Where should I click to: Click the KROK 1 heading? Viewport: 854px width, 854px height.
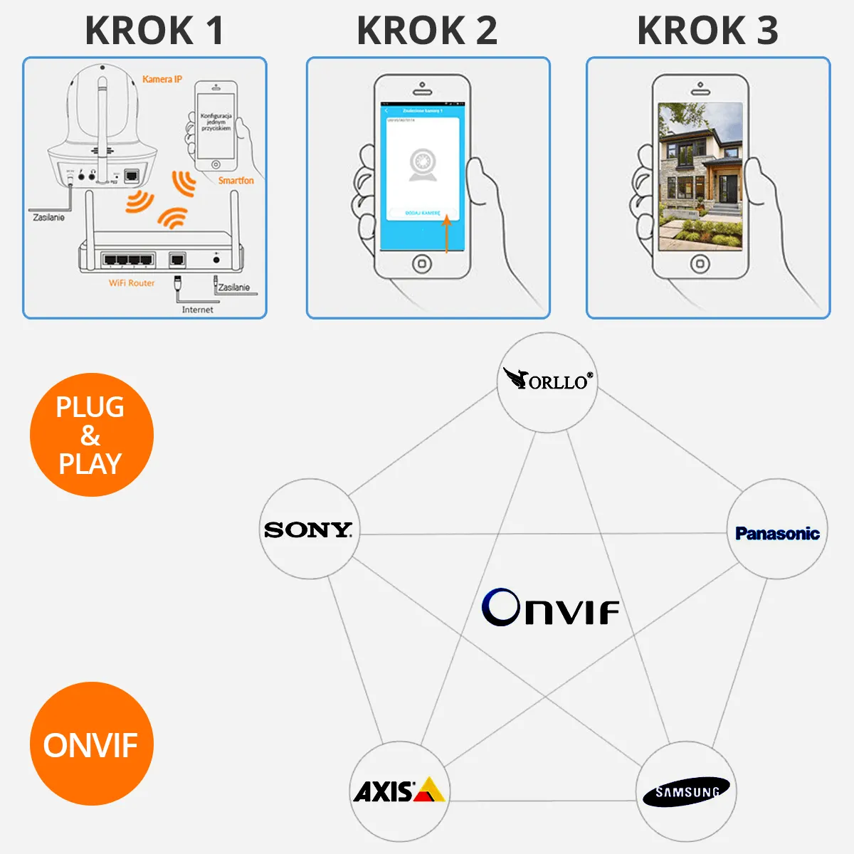pos(154,31)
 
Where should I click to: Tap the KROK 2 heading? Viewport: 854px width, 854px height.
pos(427,31)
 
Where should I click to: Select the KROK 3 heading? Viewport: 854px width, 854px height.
pos(707,31)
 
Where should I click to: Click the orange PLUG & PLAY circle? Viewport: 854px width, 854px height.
pos(91,435)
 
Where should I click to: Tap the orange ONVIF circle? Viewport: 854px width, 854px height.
pos(91,744)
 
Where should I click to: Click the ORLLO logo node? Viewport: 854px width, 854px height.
pos(547,381)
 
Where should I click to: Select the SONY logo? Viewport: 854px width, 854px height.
pos(308,529)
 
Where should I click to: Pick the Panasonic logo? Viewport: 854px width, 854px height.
pos(777,533)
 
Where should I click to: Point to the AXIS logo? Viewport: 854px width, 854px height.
pos(399,791)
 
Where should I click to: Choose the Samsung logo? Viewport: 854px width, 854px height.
pos(686,791)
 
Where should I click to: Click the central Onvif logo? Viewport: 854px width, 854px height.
pos(550,608)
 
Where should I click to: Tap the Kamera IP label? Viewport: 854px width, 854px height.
pos(162,79)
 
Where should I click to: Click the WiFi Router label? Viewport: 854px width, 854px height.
pos(132,283)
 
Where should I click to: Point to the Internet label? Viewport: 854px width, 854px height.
pos(197,310)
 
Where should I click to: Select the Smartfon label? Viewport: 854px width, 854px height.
pos(236,181)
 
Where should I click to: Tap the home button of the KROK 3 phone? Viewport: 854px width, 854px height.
pos(700,264)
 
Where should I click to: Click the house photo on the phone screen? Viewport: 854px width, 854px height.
pos(700,176)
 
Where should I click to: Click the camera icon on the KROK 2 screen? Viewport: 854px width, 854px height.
pos(423,165)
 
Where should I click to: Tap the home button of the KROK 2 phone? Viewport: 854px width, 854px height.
pos(422,264)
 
